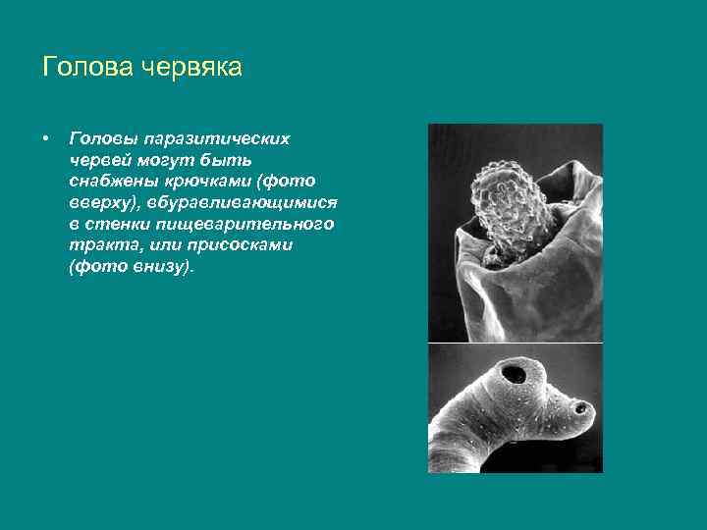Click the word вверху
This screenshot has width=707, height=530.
click(99, 203)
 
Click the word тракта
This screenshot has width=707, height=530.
click(105, 246)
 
